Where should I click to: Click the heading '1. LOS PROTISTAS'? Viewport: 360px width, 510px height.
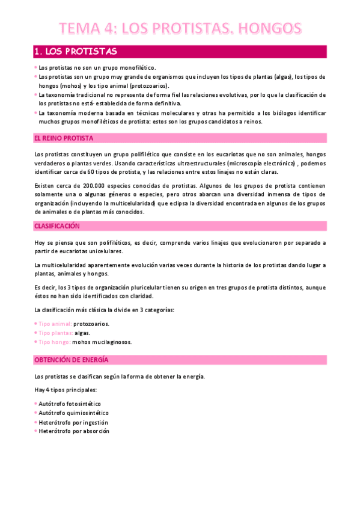click(x=76, y=51)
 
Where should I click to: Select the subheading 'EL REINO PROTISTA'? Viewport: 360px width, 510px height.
click(x=63, y=138)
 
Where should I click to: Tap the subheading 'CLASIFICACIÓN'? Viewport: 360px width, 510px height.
click(x=58, y=226)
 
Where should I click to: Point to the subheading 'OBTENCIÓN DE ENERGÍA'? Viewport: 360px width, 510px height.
click(x=71, y=360)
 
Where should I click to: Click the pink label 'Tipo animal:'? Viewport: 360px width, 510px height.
click(x=55, y=324)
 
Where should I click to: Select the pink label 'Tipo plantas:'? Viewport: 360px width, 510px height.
click(x=56, y=333)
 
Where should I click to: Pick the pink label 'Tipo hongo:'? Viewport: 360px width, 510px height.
click(x=55, y=342)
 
